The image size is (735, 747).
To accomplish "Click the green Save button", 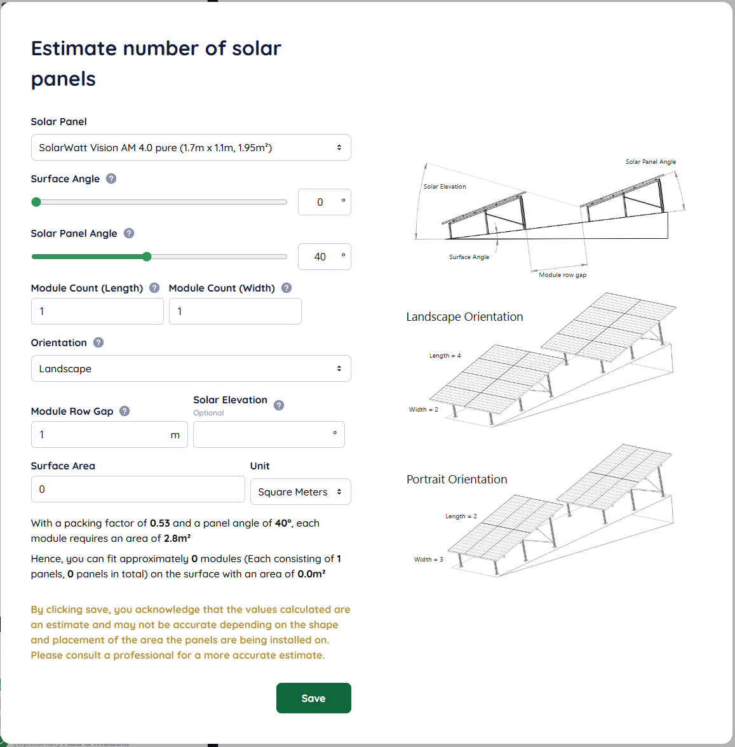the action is (313, 698).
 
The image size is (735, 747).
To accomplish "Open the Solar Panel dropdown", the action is (191, 147).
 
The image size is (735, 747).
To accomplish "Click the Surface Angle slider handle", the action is (36, 202).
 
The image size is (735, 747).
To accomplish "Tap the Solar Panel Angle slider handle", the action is (147, 257).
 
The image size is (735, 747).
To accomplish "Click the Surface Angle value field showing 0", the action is (325, 202).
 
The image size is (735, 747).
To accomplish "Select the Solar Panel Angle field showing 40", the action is (325, 257).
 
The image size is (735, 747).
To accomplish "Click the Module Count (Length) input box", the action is (97, 311).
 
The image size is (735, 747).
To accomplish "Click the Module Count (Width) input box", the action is (235, 311).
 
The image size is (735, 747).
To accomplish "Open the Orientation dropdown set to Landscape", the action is (191, 368).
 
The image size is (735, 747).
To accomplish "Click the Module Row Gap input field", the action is (109, 434).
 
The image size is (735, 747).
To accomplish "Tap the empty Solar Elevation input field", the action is (269, 434).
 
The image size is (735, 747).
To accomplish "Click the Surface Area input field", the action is (138, 489).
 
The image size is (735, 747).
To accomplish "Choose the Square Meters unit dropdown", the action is (300, 492).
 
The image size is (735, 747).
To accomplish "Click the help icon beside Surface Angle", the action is (111, 178).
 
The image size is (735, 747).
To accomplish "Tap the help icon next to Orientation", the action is (98, 342).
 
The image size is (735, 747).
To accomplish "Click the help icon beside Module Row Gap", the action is (125, 411).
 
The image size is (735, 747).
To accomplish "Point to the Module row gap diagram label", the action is (563, 275).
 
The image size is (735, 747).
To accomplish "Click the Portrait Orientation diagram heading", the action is (457, 479).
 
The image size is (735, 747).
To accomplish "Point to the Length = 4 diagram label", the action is (445, 356).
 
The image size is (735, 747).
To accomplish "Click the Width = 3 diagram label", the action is (428, 559).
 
